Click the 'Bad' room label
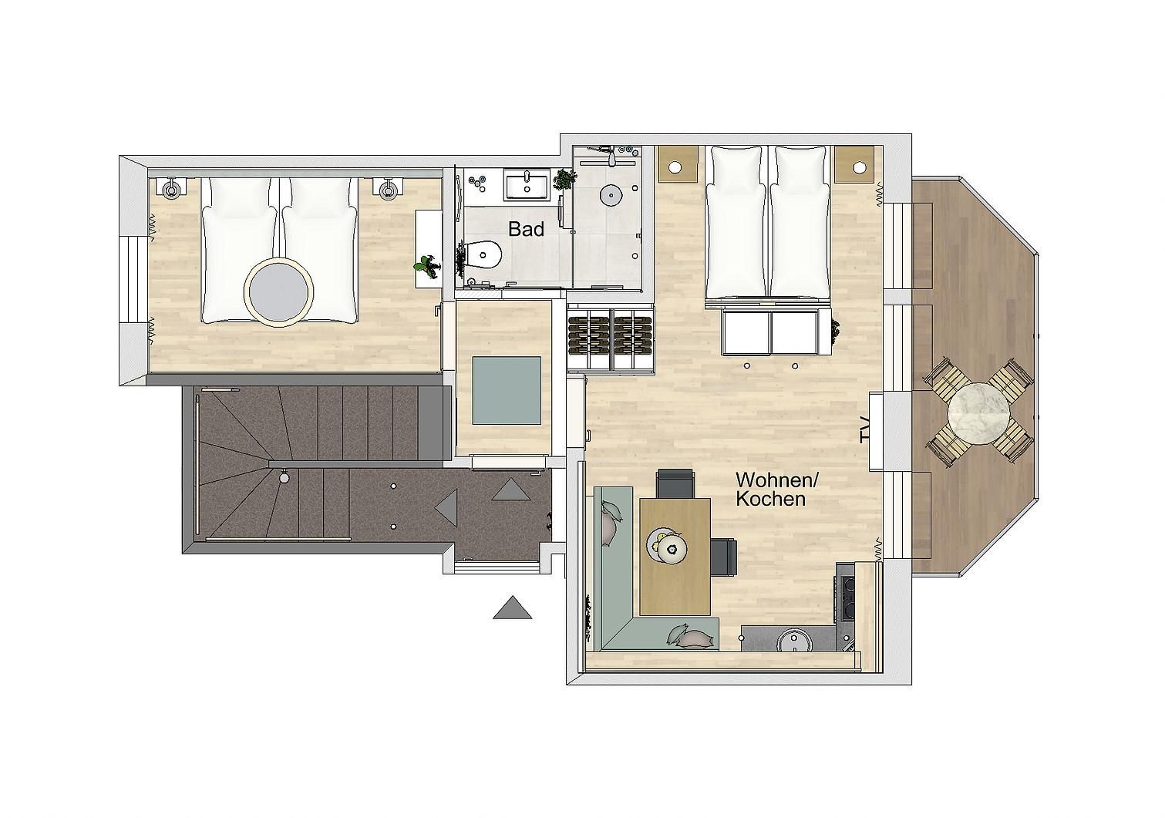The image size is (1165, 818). point(526,229)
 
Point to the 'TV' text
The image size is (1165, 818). point(864,429)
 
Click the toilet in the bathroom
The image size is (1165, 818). point(483,255)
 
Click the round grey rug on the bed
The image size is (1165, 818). point(279,292)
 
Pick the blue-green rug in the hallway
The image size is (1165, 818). point(506,390)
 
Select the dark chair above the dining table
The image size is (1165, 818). point(675,483)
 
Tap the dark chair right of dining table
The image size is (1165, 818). point(724,558)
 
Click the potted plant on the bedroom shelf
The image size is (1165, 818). point(426,266)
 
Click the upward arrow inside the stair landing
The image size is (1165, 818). point(512,489)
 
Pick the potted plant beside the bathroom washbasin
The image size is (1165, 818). point(564,180)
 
